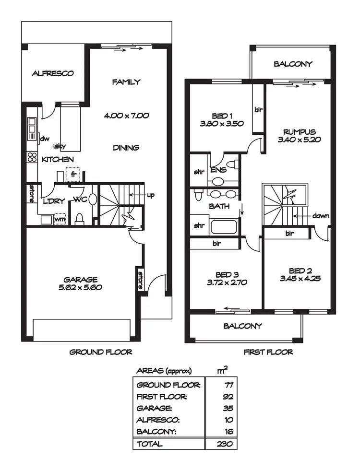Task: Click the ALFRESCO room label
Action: click(52, 73)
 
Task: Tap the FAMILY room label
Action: click(126, 82)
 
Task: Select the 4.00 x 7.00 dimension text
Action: click(126, 115)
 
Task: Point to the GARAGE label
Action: click(81, 280)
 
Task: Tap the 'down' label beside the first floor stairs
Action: click(320, 216)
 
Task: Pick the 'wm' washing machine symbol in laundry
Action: click(60, 219)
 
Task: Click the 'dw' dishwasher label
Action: click(44, 139)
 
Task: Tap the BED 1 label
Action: click(222, 116)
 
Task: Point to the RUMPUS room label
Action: click(299, 132)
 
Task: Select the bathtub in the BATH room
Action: click(223, 226)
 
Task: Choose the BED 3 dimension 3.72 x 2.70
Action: click(225, 283)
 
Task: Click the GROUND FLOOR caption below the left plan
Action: click(101, 352)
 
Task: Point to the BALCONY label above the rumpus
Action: click(293, 64)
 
